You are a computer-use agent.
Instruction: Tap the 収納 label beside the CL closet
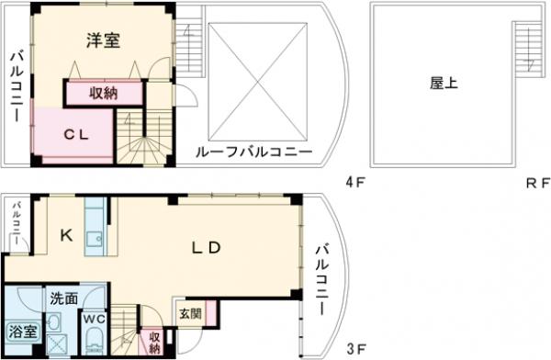[104, 94]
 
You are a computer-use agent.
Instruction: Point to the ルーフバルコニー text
[253, 152]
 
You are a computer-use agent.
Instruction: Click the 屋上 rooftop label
[444, 83]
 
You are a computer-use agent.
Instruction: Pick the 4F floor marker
[355, 182]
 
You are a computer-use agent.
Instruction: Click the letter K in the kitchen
[65, 235]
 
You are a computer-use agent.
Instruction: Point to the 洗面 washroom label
[64, 298]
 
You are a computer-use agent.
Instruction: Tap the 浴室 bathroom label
[19, 331]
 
